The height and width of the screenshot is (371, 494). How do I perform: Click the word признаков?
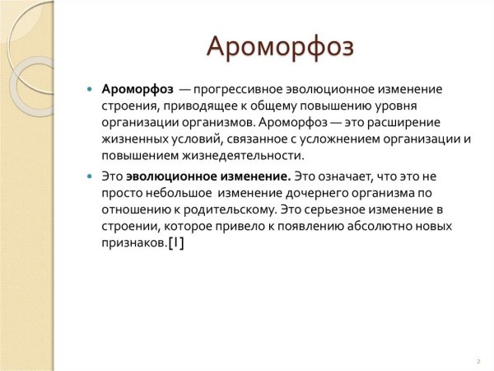point(133,242)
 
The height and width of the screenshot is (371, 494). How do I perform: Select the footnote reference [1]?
point(175,242)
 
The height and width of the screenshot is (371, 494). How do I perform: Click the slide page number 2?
point(478,360)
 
